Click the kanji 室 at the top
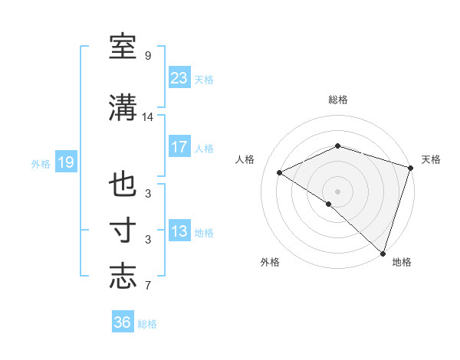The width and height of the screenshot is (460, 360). (x=123, y=47)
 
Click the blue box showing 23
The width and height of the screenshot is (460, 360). (x=179, y=77)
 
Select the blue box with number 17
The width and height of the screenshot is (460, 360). (x=179, y=147)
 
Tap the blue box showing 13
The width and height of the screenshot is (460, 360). (x=179, y=231)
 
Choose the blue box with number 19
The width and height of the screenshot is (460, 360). (x=65, y=162)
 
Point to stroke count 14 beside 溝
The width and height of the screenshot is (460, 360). (x=148, y=117)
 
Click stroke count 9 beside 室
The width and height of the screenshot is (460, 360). (x=147, y=56)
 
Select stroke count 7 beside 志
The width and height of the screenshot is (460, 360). (x=147, y=286)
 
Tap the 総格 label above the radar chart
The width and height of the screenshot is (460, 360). (x=338, y=100)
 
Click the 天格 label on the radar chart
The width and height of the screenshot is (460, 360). (x=431, y=159)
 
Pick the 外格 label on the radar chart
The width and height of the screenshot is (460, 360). (x=270, y=262)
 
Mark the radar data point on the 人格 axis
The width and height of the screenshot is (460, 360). (x=280, y=172)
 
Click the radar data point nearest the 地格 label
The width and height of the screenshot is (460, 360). (x=383, y=253)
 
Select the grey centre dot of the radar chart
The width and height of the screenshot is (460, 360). (x=337, y=190)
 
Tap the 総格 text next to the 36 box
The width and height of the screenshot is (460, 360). (x=147, y=324)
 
